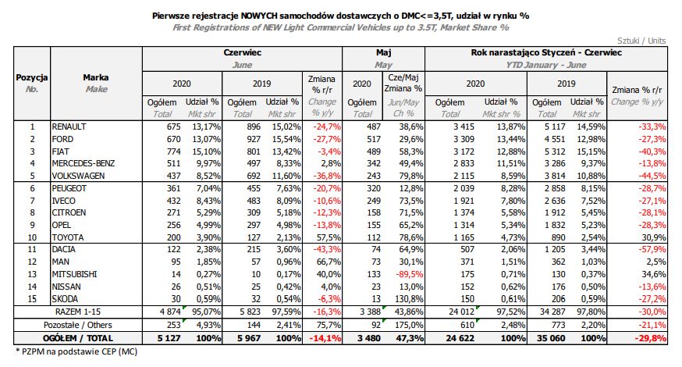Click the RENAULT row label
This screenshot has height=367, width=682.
[x=69, y=126]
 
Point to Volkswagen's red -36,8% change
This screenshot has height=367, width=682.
[x=321, y=176]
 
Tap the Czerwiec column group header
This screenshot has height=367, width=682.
[x=242, y=52]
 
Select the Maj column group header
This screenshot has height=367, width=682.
[x=383, y=52]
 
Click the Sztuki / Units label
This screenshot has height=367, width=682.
[x=641, y=38]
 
